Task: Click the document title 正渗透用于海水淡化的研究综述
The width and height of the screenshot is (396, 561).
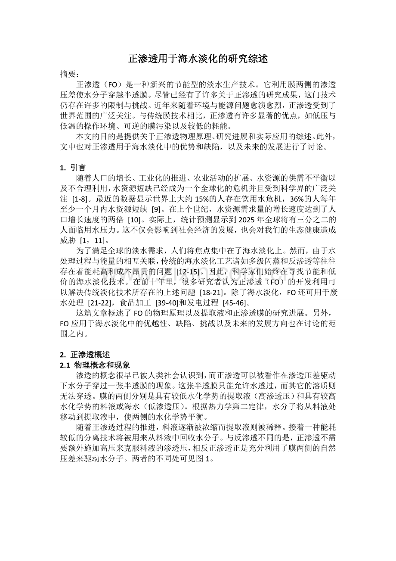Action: (198, 59)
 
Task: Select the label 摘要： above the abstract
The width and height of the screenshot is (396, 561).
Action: (70, 74)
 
